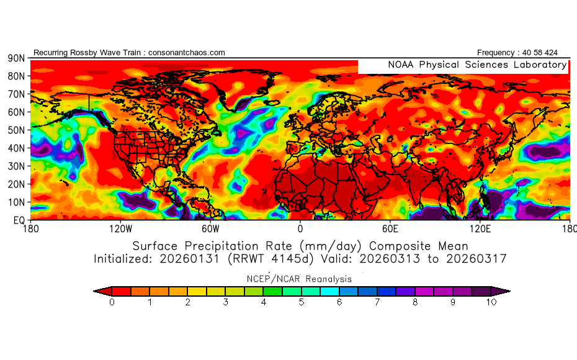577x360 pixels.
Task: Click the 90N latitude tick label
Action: [x=16, y=58]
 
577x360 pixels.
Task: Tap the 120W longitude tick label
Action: [x=120, y=229]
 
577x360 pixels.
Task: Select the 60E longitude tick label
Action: [x=390, y=229]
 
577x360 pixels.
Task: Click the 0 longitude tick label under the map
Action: [x=300, y=229]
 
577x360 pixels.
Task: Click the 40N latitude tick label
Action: [x=16, y=148]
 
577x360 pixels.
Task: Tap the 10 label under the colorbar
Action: [x=491, y=303]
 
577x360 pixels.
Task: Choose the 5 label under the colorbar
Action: [x=302, y=303]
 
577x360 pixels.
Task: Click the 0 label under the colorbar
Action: [x=112, y=303]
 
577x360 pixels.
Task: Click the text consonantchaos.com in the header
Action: [x=186, y=53]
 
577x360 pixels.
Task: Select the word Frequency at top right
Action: [x=495, y=53]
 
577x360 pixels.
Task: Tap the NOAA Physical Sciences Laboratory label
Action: [x=477, y=65]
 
